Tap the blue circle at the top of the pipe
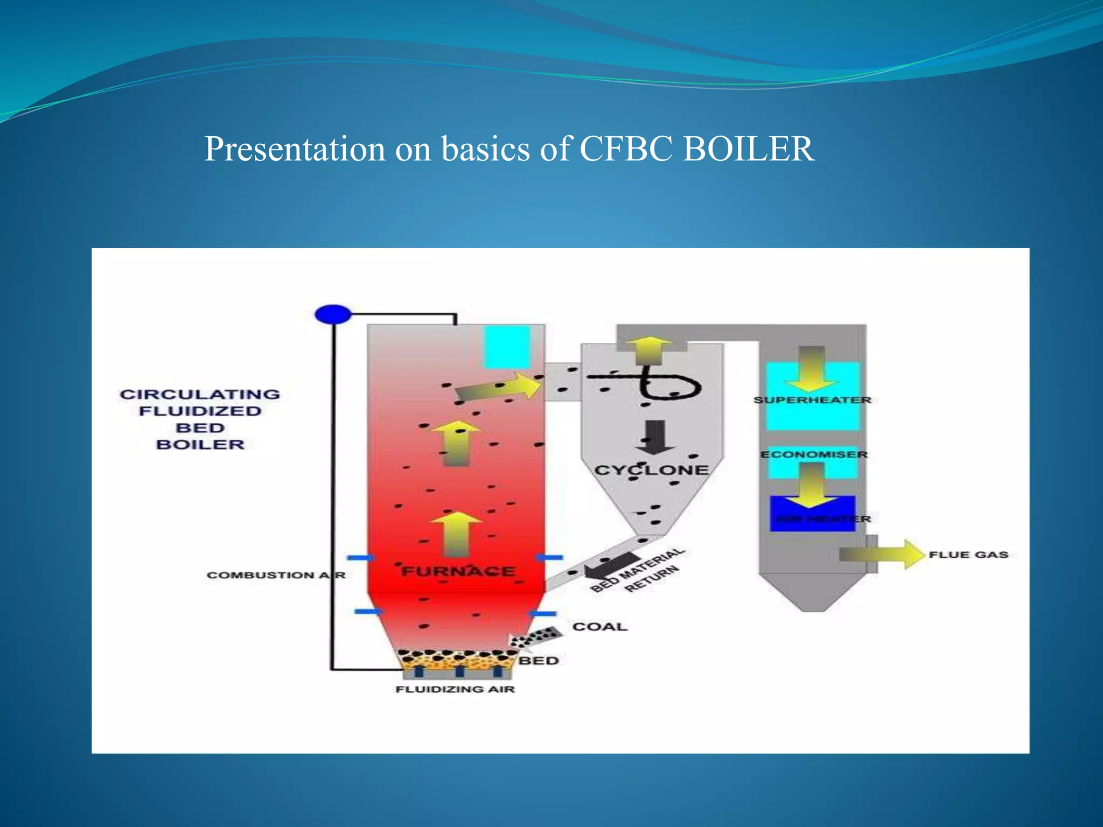[333, 314]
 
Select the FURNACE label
[458, 571]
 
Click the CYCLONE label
[651, 470]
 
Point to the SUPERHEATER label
[812, 400]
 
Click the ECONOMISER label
[814, 454]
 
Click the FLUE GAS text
[968, 555]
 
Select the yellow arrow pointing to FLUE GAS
[883, 554]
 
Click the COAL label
[600, 627]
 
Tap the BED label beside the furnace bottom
[539, 661]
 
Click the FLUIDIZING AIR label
[455, 689]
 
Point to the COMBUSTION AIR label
[275, 575]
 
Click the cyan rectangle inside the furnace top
[506, 347]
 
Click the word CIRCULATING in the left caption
[200, 394]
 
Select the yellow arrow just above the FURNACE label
[457, 534]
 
